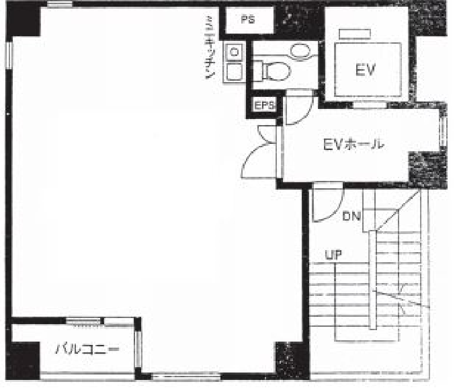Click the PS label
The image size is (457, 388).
coord(248,20)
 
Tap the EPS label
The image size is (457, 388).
coord(265,105)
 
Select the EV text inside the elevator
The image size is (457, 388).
coord(366,70)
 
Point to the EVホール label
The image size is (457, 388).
coord(354,144)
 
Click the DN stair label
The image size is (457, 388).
coord(351,216)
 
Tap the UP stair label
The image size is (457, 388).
coord(333,255)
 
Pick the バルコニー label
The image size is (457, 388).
coord(87,349)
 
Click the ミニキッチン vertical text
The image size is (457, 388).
coord(210,48)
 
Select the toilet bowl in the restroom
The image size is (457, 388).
coord(276,71)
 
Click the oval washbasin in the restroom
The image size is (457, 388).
coord(300,52)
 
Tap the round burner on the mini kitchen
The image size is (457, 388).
coord(234,52)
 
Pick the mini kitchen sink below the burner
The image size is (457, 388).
coord(234,72)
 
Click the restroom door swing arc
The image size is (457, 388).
coord(305,113)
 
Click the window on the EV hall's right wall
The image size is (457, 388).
coord(443,131)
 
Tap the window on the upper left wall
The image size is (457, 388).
coord(9,55)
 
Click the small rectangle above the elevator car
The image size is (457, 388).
coord(355,34)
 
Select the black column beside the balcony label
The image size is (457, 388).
coord(23,361)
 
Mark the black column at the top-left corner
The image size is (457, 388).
coord(24,20)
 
